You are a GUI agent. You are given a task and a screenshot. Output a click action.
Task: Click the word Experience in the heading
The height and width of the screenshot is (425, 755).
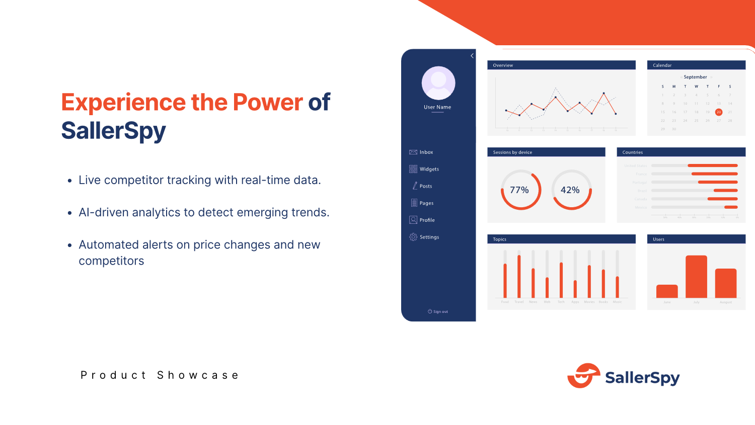tap(123, 103)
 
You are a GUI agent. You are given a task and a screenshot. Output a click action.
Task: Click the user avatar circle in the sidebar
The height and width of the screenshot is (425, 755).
tap(438, 83)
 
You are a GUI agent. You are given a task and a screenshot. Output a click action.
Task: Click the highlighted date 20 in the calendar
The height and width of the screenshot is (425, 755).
tap(719, 112)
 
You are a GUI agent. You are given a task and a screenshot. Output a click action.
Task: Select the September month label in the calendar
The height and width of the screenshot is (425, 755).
tap(695, 77)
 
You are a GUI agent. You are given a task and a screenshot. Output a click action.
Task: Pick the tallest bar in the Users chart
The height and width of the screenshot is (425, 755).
tap(696, 277)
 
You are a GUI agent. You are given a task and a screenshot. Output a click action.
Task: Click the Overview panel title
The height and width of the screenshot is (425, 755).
tap(503, 65)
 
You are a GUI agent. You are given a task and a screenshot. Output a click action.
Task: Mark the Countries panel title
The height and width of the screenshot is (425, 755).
tap(632, 152)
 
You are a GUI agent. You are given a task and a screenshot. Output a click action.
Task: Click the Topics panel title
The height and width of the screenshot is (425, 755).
tap(499, 239)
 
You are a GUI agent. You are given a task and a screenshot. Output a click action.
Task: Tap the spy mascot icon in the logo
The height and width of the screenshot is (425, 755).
tap(584, 376)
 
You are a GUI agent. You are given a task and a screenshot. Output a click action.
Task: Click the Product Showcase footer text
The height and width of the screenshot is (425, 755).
tap(160, 375)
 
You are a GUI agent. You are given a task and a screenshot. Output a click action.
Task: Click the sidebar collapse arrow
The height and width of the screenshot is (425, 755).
tap(472, 56)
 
